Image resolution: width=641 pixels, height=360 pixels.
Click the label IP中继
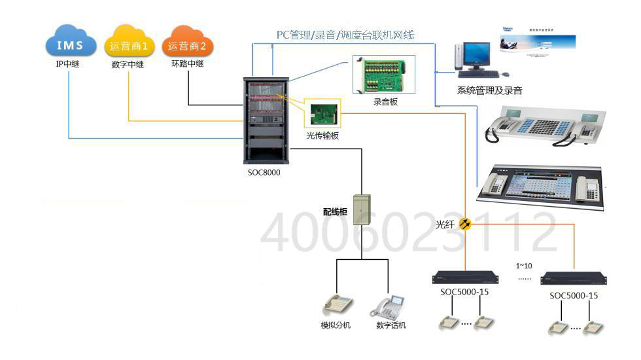(67, 64)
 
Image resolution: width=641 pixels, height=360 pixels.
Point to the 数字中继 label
(128, 64)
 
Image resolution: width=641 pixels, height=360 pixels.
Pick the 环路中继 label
(188, 64)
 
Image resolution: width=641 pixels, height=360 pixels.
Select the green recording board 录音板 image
(384, 75)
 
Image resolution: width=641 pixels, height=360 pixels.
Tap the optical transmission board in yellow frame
(322, 113)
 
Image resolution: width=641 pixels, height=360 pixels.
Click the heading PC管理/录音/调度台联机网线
(345, 35)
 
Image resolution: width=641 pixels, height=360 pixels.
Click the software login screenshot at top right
(538, 44)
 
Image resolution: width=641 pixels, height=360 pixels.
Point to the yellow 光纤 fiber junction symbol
(465, 225)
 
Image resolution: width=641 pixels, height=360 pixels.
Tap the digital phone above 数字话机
(390, 306)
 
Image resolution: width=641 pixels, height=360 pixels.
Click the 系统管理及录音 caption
(489, 90)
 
